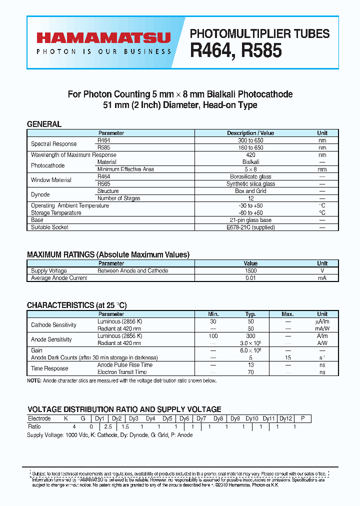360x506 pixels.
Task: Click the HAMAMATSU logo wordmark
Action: (x=103, y=37)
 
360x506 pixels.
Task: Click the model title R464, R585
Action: (x=236, y=50)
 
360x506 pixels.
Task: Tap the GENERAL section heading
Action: (x=44, y=124)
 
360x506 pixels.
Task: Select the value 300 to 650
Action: (x=250, y=140)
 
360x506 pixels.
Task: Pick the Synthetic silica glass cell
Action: (x=250, y=184)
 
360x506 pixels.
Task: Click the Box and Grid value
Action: (x=250, y=191)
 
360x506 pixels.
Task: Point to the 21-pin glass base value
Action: (x=250, y=220)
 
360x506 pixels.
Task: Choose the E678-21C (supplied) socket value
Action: (x=250, y=227)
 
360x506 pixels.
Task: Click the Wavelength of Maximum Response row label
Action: (x=73, y=155)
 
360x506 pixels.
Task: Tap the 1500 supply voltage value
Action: (x=250, y=271)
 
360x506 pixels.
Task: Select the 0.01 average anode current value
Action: (x=250, y=278)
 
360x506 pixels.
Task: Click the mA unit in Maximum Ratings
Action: (x=322, y=278)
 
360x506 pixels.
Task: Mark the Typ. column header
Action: (x=250, y=314)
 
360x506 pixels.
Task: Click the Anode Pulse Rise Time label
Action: (x=125, y=365)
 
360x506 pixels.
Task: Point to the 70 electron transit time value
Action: (x=250, y=372)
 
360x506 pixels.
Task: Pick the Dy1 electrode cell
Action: (x=99, y=418)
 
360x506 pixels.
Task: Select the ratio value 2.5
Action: (x=108, y=426)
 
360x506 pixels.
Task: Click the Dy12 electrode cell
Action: (x=285, y=418)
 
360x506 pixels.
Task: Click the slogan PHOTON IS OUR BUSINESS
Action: (x=103, y=51)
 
